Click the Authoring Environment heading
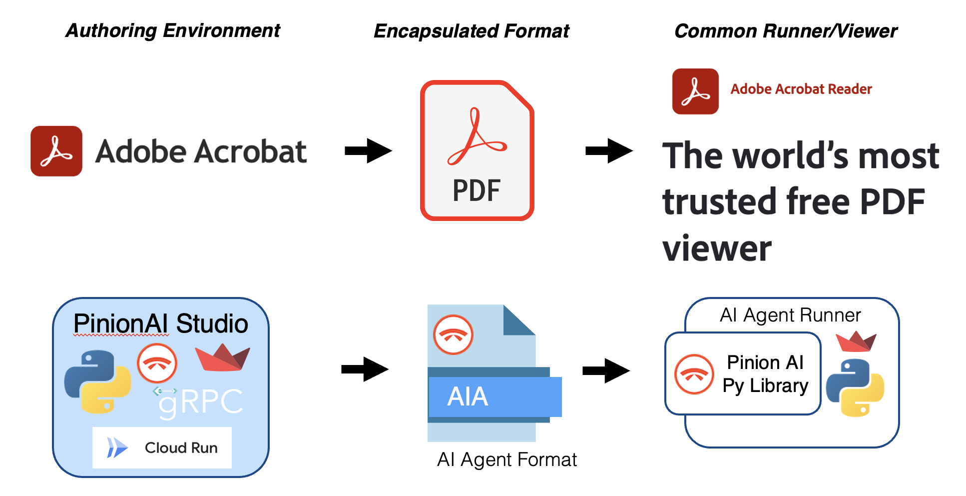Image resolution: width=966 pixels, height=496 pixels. pos(173,31)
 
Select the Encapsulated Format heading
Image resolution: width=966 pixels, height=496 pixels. pos(472,31)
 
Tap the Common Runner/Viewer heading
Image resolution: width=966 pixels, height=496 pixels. pos(785,31)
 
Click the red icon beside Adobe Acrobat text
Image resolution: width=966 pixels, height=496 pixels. pos(56,151)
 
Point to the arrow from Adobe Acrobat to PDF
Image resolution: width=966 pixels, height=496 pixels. pos(368,150)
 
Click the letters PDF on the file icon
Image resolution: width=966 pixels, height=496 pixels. pos(476,190)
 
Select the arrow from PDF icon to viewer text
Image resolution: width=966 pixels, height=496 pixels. pos(608,150)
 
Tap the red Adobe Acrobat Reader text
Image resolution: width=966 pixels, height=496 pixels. pos(801,89)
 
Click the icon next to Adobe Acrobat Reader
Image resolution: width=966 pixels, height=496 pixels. pos(695,91)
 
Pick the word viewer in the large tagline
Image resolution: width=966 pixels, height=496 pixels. pos(717,248)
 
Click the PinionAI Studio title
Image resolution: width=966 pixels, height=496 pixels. pos(160,323)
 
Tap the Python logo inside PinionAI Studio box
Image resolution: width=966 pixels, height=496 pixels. pos(98,381)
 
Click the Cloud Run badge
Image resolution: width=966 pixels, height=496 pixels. pos(162,447)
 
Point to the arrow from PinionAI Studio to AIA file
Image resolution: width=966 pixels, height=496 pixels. pos(365,369)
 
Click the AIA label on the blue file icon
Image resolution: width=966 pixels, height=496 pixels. pos(468,397)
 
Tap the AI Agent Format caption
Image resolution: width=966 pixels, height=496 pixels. pos(506,459)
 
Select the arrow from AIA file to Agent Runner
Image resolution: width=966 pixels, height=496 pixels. pos(606,370)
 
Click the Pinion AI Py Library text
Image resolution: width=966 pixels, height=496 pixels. pos(765,374)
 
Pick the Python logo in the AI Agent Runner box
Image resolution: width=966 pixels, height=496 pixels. pos(855,387)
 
